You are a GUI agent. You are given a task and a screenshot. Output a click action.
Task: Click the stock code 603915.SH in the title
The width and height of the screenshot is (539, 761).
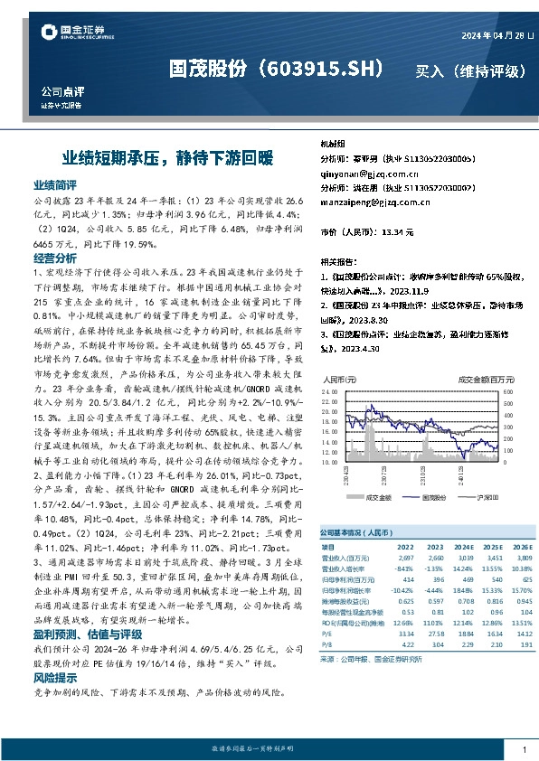coord(324,69)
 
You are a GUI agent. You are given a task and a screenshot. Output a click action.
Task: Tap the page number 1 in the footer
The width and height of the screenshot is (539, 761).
coord(525,750)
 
